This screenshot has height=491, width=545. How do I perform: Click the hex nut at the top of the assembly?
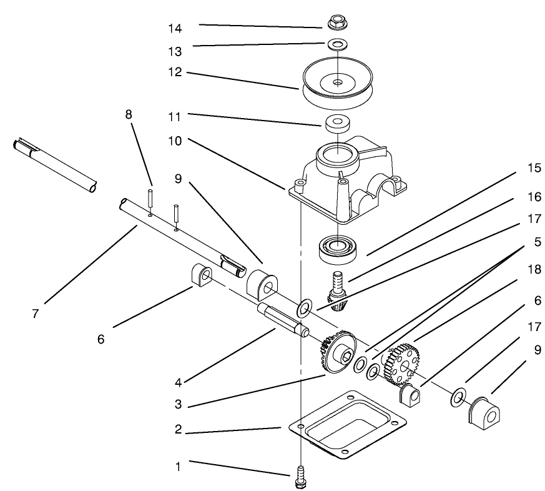coord(336,23)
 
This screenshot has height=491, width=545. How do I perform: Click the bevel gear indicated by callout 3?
coord(336,357)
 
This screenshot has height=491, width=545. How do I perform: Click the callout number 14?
coord(175,28)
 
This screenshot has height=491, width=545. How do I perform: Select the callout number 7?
coord(35,314)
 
